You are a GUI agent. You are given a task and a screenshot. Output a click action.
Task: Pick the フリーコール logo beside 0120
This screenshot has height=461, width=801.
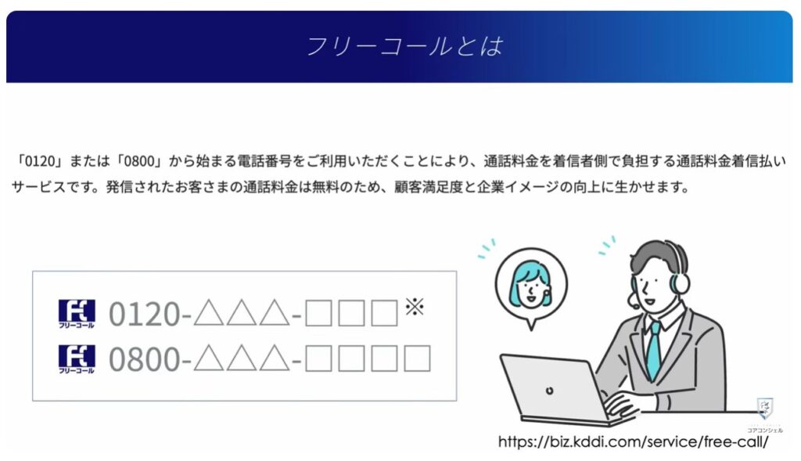[x=77, y=315]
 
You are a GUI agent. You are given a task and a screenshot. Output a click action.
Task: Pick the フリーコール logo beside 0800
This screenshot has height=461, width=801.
[x=77, y=359]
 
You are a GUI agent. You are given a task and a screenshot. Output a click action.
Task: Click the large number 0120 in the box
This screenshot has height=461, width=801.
[x=144, y=315]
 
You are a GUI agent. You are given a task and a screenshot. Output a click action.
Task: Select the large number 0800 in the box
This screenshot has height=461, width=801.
[x=144, y=359]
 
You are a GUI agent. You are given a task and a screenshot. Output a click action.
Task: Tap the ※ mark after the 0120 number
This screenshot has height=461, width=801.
[x=413, y=306]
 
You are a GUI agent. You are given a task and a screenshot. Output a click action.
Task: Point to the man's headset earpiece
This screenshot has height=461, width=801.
[x=680, y=278]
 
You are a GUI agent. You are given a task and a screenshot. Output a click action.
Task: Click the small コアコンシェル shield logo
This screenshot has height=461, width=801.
[x=765, y=409]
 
